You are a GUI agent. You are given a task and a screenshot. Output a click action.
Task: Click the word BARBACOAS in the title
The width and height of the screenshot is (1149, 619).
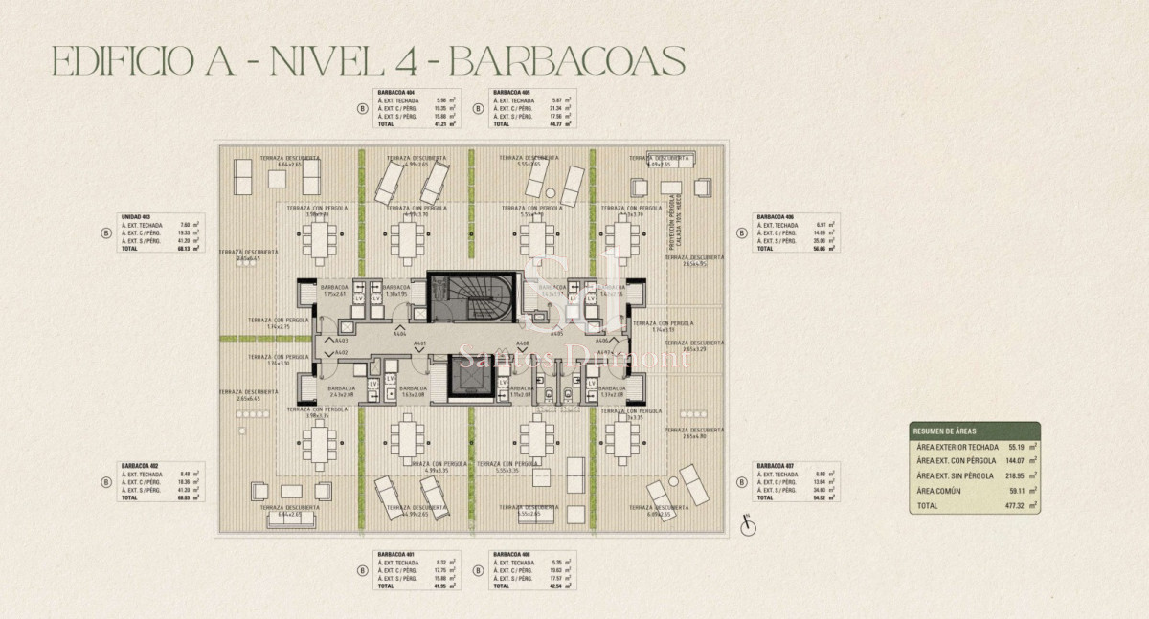[567, 61]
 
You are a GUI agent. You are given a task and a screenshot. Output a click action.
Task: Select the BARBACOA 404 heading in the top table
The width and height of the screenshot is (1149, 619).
[396, 92]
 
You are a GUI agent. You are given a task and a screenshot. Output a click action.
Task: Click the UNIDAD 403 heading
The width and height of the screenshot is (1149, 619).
[135, 216]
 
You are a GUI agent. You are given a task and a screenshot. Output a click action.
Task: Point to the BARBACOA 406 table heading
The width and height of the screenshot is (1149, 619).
[777, 216]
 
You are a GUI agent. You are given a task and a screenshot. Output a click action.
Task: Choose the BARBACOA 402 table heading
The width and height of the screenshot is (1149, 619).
[140, 466]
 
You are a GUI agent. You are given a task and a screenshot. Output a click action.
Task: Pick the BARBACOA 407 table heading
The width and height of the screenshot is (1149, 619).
[777, 466]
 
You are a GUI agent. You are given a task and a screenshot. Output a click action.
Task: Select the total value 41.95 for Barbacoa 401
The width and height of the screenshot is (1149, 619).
[443, 586]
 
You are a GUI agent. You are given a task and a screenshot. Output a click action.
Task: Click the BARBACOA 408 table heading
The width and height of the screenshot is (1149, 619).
[510, 554]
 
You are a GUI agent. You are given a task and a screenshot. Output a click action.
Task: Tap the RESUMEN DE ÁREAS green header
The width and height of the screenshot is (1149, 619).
[974, 431]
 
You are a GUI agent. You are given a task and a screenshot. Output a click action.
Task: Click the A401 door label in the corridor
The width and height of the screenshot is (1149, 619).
[418, 343]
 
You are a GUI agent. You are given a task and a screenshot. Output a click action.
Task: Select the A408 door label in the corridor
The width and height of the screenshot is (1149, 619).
[523, 343]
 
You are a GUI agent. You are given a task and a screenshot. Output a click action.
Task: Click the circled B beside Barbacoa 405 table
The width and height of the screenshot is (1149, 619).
[476, 108]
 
